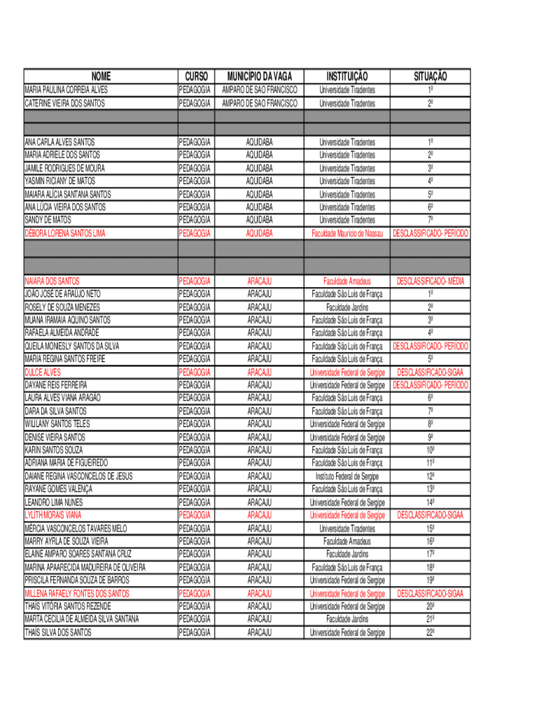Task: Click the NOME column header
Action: (x=100, y=76)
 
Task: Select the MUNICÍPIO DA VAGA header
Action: (x=259, y=76)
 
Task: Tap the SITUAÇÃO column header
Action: (x=430, y=76)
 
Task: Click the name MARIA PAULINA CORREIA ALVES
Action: (x=66, y=90)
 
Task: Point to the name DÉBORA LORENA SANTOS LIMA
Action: (x=65, y=233)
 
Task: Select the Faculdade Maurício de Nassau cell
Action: (x=347, y=233)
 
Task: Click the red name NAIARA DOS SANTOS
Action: (x=52, y=281)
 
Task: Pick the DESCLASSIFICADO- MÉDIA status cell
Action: (x=430, y=281)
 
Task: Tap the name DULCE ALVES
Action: (x=43, y=373)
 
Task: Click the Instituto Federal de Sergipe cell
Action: (x=347, y=476)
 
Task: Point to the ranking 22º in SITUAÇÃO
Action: (x=430, y=633)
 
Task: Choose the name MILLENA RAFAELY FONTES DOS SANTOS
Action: (x=77, y=594)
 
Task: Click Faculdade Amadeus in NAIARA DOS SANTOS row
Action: (x=347, y=281)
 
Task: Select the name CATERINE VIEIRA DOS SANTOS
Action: (x=65, y=103)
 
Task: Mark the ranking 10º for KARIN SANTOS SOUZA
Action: (x=430, y=450)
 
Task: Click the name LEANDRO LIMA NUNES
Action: (x=54, y=503)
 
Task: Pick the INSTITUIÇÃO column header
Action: (x=347, y=76)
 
